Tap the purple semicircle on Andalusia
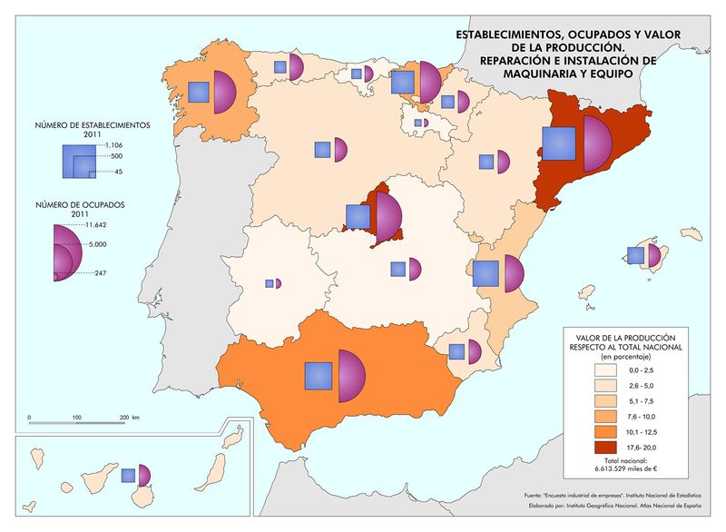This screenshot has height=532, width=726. (350, 375)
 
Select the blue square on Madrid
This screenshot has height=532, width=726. (358, 217)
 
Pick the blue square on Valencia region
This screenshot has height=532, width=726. (486, 273)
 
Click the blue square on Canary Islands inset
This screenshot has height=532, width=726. (129, 475)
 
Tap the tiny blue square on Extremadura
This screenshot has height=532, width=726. (270, 283)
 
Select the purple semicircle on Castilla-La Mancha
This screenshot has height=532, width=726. (416, 269)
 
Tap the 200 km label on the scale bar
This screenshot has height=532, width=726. (128, 417)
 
